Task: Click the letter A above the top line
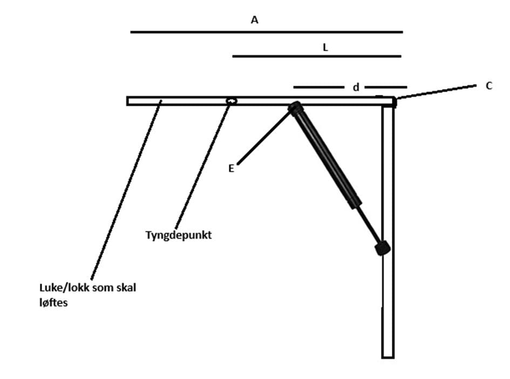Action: (x=254, y=20)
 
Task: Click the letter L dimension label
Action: (x=325, y=47)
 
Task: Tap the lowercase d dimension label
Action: (x=356, y=87)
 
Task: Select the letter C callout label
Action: (x=489, y=86)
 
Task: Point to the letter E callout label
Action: (x=232, y=168)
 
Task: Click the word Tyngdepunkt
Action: (x=179, y=235)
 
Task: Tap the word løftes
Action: (x=53, y=302)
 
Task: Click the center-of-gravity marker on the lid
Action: (x=232, y=101)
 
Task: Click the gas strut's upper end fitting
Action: (x=295, y=108)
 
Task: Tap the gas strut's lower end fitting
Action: (x=383, y=248)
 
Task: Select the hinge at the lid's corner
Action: (x=394, y=102)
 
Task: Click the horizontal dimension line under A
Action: (x=267, y=32)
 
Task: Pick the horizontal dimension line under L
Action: (x=317, y=56)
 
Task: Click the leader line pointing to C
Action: (x=437, y=91)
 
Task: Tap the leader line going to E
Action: (x=263, y=137)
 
